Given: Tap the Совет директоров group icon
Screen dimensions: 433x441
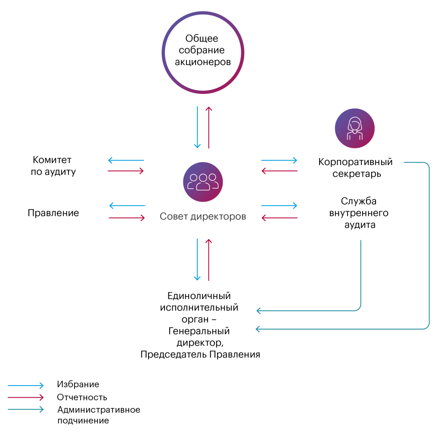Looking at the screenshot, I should (x=203, y=182).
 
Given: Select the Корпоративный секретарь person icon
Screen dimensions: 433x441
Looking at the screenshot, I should (x=354, y=128).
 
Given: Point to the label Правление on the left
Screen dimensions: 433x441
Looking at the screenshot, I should (x=53, y=213).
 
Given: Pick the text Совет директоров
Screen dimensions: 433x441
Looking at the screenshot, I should (x=203, y=216).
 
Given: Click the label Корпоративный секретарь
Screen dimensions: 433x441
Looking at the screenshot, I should (x=355, y=168).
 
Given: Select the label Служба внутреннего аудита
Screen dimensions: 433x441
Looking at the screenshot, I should (x=359, y=213).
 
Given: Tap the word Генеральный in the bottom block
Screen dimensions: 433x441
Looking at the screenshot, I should (x=199, y=331).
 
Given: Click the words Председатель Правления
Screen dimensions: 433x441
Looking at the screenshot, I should (x=200, y=355).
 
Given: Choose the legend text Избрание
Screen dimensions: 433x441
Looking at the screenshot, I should (x=78, y=384).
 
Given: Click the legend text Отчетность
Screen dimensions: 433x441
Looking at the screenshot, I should (x=82, y=397).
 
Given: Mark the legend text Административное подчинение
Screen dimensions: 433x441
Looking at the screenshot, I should (x=99, y=414).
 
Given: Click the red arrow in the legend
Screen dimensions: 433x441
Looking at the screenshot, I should (x=26, y=397).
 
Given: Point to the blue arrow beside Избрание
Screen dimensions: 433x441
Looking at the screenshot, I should (x=26, y=385).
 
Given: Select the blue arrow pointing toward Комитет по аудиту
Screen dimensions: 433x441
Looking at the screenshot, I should (x=125, y=161).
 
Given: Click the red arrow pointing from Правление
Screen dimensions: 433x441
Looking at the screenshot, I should (x=127, y=218).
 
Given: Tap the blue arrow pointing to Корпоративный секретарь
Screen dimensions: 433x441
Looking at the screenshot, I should (x=279, y=161).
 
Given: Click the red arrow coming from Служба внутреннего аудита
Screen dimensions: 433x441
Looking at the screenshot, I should (x=280, y=218).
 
